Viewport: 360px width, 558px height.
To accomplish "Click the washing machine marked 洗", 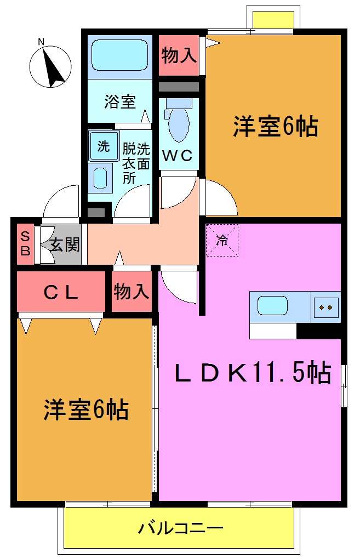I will tap(102, 146).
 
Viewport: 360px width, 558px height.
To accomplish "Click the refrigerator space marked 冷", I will tap(222, 240).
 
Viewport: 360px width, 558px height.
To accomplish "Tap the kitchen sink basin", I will tap(272, 306).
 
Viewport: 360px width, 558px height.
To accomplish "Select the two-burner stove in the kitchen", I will tap(325, 307).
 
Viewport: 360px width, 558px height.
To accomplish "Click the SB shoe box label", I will tap(25, 244).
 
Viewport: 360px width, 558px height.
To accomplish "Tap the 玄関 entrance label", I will tap(65, 244).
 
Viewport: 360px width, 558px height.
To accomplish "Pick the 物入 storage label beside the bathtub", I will tap(179, 55).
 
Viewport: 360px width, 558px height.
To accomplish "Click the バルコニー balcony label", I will tap(180, 529).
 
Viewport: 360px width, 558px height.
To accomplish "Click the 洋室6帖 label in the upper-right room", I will tap(276, 127).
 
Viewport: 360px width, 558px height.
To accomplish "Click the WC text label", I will tap(179, 156).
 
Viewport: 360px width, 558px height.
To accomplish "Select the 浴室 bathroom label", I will tap(120, 101).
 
